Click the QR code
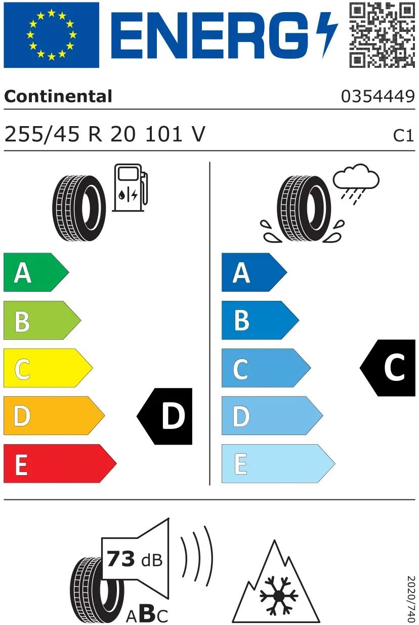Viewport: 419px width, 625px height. [382, 34]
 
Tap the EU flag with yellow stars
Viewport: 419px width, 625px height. [51, 35]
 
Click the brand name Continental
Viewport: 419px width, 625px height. [58, 96]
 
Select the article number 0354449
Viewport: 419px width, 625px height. [378, 97]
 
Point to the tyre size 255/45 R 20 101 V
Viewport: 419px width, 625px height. [105, 134]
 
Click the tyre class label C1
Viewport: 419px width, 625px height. [403, 136]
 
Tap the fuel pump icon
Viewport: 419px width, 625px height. [130, 187]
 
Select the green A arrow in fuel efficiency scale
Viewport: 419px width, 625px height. [36, 272]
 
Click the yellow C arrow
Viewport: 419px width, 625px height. [48, 368]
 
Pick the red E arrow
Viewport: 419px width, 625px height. [60, 463]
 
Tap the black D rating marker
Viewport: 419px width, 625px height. [164, 416]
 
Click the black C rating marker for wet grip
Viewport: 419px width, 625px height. [388, 368]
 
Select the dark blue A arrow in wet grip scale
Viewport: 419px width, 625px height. [254, 272]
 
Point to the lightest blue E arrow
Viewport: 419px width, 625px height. [278, 463]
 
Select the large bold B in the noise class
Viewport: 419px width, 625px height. [148, 612]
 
